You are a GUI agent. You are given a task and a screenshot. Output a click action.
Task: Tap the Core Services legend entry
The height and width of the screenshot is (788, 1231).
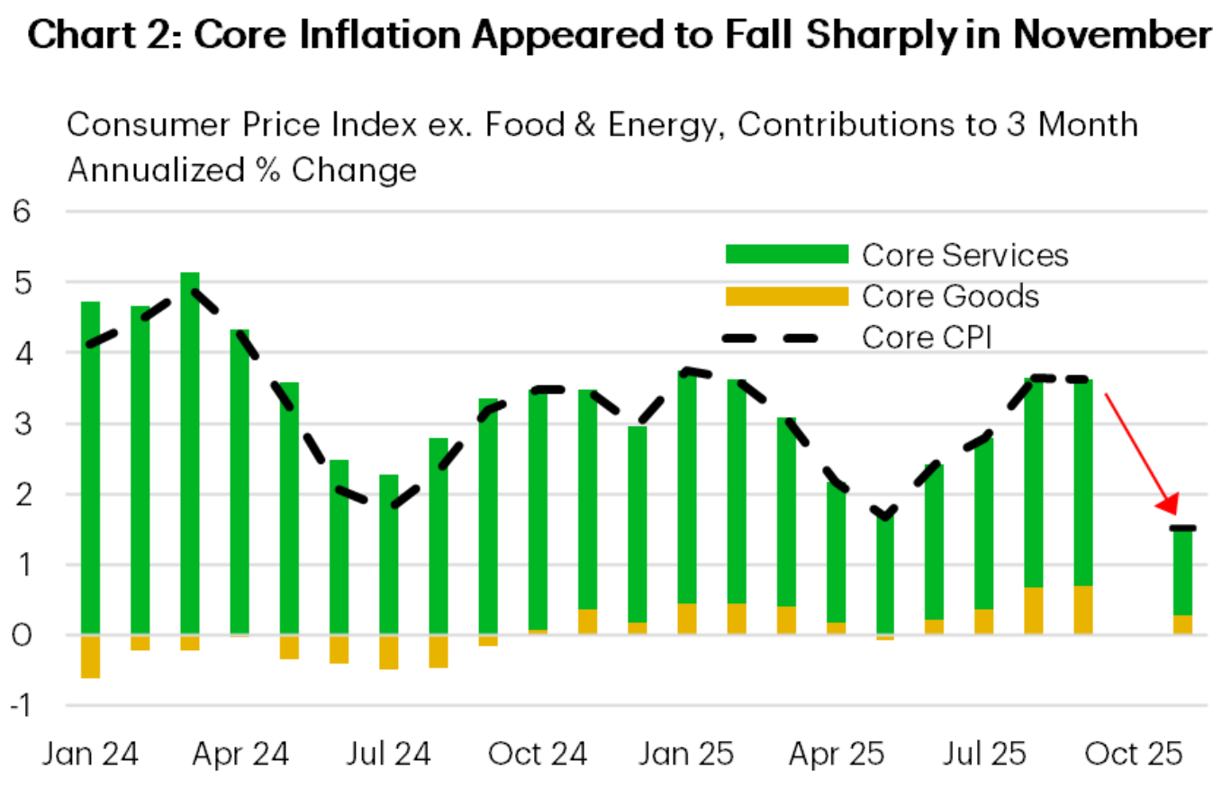[964, 255]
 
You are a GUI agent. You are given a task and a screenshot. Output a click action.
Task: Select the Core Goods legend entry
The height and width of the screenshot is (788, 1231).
[950, 296]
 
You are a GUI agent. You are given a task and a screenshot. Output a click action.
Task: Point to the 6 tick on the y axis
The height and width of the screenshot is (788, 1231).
[21, 213]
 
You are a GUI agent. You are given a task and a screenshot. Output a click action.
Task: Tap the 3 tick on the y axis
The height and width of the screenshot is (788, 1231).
[21, 423]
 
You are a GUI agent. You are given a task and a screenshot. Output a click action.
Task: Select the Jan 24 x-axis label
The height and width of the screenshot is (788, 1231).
[91, 753]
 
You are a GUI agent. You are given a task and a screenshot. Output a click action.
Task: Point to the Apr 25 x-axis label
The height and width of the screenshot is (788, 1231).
[836, 753]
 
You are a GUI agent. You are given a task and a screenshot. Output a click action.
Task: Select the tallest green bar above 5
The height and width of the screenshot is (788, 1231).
[190, 450]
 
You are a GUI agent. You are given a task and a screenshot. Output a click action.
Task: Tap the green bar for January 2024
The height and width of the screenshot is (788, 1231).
[91, 468]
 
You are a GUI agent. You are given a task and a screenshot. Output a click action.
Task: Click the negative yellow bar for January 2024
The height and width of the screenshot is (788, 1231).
[91, 656]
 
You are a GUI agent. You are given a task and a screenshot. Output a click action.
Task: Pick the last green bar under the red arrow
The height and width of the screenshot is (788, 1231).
[1181, 572]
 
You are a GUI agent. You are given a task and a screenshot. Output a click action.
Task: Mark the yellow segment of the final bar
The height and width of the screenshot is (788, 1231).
[1181, 625]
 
